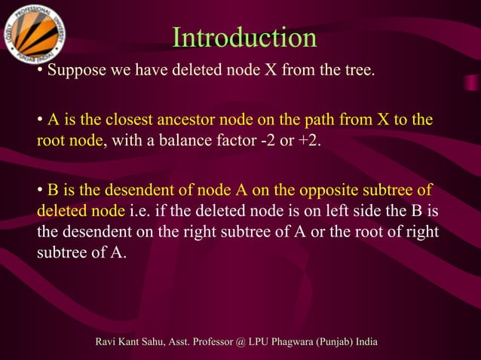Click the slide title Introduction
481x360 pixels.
pos(244,38)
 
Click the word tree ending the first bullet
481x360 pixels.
pos(357,72)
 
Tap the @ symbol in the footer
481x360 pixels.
pos(240,343)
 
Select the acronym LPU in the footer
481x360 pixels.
pos(261,343)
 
